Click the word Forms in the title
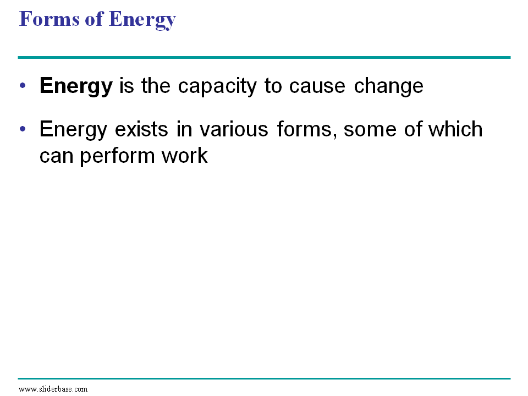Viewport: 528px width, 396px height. tap(50, 19)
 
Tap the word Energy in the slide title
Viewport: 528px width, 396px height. tap(142, 20)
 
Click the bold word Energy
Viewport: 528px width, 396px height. tap(76, 86)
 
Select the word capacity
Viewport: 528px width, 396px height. tap(217, 86)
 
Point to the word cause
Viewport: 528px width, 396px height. tap(317, 86)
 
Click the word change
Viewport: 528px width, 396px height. tap(389, 86)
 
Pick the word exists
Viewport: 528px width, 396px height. tap(141, 129)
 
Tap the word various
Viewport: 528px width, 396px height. tap(234, 129)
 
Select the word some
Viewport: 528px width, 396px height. tap(370, 130)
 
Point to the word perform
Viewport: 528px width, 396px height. tap(117, 156)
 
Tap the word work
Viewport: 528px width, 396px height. tap(185, 155)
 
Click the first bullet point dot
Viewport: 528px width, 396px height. tap(23, 85)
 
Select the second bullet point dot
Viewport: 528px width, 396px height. tap(23, 129)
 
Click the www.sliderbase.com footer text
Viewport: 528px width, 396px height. tap(53, 389)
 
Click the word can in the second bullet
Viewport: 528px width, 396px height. tap(56, 157)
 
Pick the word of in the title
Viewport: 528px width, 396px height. tap(94, 19)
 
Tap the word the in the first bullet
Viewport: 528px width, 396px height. tap(156, 86)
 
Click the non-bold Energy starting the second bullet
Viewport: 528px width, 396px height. tap(73, 130)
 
